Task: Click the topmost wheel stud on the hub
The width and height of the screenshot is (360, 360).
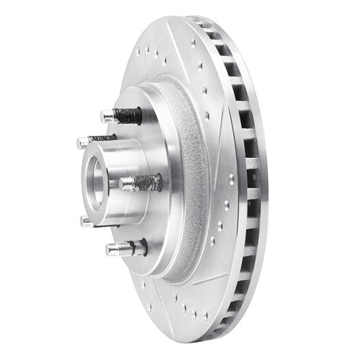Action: coord(122,115)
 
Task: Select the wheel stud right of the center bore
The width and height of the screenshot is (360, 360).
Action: coord(141,183)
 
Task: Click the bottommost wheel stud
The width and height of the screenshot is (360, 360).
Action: coord(126,248)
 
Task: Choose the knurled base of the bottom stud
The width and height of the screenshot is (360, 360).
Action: coord(139,247)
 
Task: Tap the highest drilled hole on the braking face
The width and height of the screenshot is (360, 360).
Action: coord(193,42)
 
